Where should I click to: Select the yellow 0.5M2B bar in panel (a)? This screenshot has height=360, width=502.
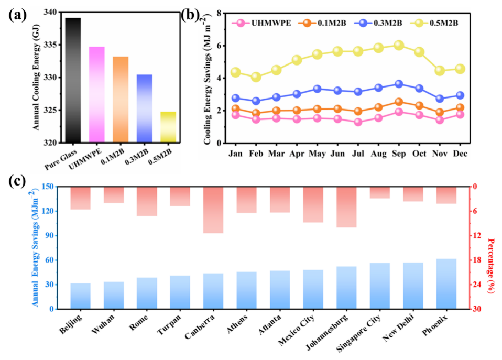tap(168, 127)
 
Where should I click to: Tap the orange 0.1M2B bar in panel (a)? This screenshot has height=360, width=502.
tap(121, 100)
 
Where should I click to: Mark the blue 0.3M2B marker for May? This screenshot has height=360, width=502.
tap(317, 89)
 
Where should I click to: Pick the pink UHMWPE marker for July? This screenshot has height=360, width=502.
tap(358, 122)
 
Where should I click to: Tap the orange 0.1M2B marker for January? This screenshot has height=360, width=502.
tap(235, 109)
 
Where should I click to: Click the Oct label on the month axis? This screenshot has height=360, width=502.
tap(419, 154)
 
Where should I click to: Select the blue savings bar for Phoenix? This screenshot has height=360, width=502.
tap(446, 284)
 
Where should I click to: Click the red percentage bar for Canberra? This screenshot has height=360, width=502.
tap(213, 210)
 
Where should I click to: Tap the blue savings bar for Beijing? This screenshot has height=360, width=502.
tap(80, 296)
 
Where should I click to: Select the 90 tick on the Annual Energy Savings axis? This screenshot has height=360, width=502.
tap(49, 235)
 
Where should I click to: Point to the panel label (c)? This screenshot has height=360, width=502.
tap(17, 181)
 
